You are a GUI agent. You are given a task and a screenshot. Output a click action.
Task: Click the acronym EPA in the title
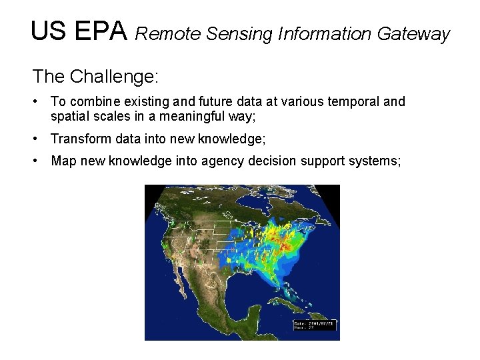[101, 31]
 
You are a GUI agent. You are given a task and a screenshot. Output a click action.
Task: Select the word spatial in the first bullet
[69, 117]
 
